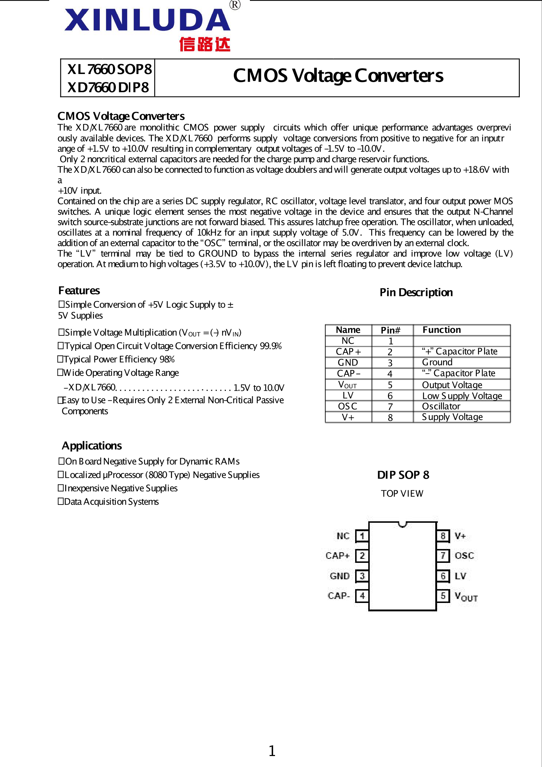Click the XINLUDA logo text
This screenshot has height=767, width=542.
pos(147,20)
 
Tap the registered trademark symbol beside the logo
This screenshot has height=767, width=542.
pos(235,5)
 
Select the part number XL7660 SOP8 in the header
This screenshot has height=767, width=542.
pos(109,69)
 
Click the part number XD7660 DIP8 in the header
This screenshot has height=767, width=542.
pos(108,87)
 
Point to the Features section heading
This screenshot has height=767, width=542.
pos(79,291)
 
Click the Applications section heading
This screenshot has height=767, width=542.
pos(92,445)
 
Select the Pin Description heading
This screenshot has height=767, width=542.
pos(416,292)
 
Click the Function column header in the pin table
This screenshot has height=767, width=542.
pos(441,330)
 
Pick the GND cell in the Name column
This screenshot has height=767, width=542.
pos(348,362)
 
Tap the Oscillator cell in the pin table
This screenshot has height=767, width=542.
pos(441,406)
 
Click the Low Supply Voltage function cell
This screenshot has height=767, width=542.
pos(462,396)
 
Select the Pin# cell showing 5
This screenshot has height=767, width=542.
pos(390,385)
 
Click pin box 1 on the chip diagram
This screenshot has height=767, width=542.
pos(362,536)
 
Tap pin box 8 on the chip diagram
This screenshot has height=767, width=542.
pos(443,536)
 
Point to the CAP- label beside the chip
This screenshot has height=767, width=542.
pos(339,596)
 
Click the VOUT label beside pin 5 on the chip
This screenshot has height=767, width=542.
pos(466,597)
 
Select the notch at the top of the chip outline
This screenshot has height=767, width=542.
pos(402,524)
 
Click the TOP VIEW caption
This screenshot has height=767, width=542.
pos(402,494)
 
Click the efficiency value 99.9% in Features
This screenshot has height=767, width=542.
pos(271,346)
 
